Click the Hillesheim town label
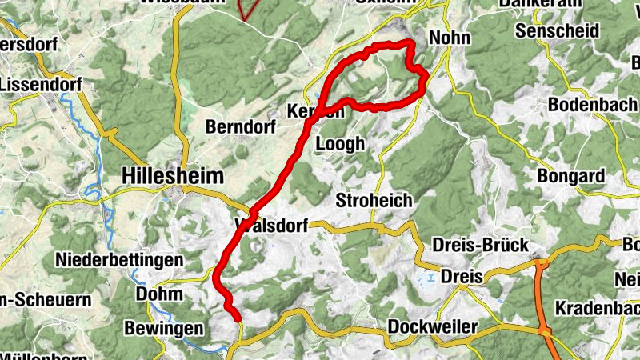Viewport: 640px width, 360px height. tap(172, 175)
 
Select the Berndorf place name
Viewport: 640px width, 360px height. tap(240, 127)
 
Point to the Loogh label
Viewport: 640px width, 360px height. tap(341, 144)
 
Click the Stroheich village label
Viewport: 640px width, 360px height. tap(374, 200)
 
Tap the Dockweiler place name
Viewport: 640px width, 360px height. tap(432, 327)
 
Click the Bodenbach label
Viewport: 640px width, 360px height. tap(593, 106)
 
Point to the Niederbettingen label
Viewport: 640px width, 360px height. tap(119, 261)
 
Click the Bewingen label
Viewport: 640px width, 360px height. tap(164, 329)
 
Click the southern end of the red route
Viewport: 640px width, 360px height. tap(238, 318)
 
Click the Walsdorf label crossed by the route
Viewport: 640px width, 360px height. tap(272, 226)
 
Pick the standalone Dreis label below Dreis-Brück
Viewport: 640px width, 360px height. tap(462, 276)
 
